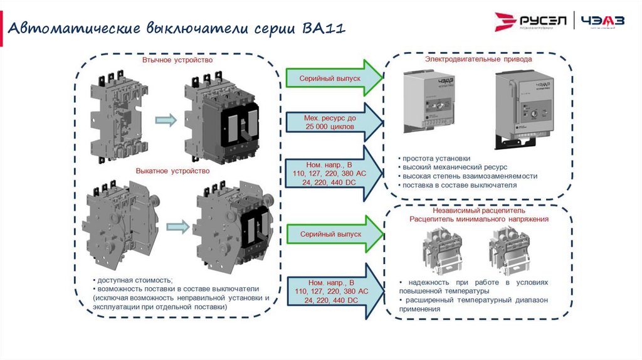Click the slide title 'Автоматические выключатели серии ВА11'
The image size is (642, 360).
176,29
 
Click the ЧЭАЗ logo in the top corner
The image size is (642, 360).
603,22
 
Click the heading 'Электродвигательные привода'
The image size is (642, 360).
478,59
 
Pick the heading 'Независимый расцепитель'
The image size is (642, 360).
479,211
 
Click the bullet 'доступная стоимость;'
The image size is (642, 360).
133,280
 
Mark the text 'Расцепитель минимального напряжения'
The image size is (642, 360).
479,220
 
